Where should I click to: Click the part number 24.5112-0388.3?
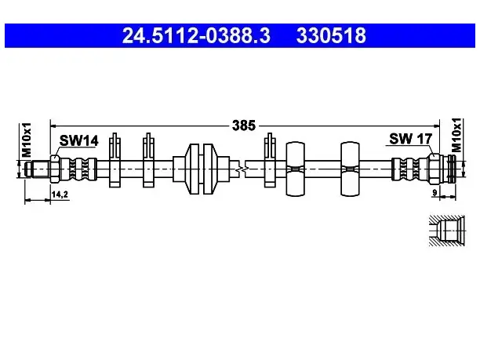pos(196,35)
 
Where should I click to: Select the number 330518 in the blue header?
pos(331,35)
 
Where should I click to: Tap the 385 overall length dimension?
pos(244,125)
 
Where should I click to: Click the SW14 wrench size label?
pos(78,140)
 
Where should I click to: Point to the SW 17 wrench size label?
pos(410,139)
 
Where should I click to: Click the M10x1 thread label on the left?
pos(26,140)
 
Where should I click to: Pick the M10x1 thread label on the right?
pos(456,135)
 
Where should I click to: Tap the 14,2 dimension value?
pos(60,194)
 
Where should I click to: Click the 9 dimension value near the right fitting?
pos(435,193)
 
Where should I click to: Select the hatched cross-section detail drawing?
pos(447,231)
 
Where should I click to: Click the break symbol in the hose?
pos(242,169)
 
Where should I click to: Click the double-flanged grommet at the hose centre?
pos(201,169)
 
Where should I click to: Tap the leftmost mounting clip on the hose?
pos(115,160)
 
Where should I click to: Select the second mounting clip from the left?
pos(148,160)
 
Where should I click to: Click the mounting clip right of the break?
pos(270,160)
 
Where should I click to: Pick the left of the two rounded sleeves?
pos(295,169)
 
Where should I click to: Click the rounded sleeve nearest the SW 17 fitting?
pos(350,169)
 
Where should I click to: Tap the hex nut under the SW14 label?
pos(55,169)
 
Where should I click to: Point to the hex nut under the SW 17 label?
pos(434,169)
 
